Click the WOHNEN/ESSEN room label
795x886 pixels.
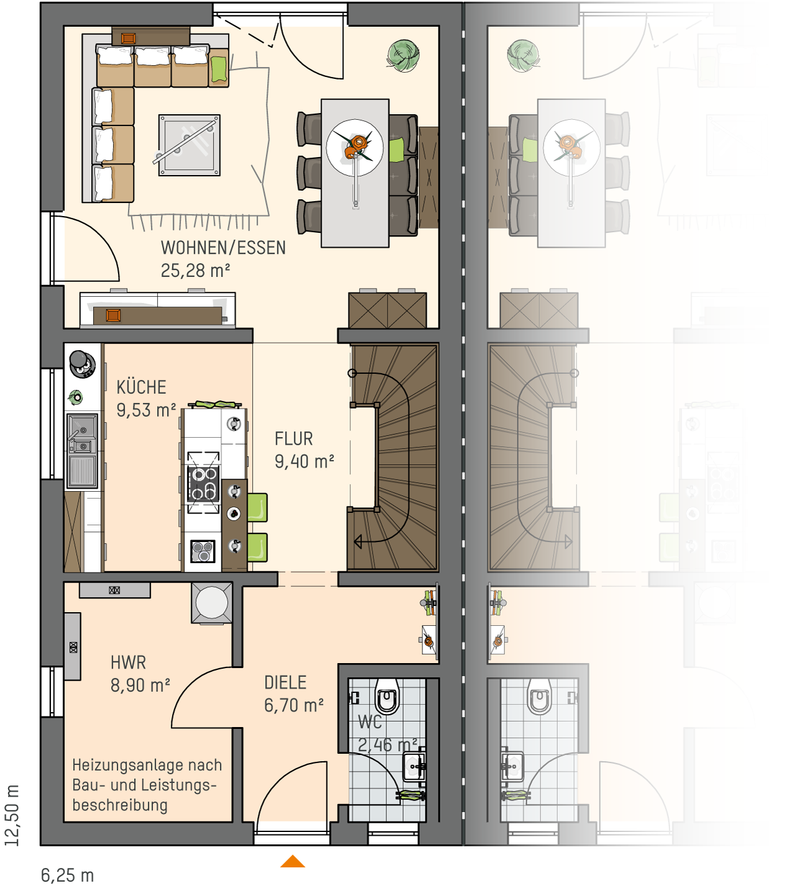pos(223,248)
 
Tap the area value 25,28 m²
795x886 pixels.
pos(195,271)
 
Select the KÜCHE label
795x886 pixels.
pos(142,387)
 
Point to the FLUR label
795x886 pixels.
pos(294,438)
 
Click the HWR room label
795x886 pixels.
pos(128,662)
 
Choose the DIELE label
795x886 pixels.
pos(285,682)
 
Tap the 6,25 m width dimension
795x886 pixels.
pos(67,872)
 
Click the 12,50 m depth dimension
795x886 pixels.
pos(12,815)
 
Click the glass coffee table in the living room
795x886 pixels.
pos(189,145)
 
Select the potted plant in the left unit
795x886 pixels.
pos(404,55)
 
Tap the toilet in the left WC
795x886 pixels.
pos(388,696)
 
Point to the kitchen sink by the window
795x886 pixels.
pos(82,450)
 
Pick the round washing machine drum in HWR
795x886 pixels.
pos(212,602)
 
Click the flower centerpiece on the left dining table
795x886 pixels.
pos(356,147)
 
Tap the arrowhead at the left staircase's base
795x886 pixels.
pos(358,542)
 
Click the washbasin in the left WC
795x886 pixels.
pos(414,766)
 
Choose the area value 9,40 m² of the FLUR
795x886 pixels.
pos(304,461)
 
